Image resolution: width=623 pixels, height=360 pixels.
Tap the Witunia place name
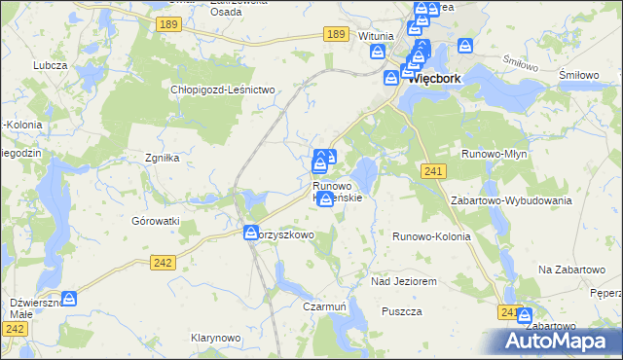click(375, 36)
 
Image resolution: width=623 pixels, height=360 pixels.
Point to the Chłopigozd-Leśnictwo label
click(225, 90)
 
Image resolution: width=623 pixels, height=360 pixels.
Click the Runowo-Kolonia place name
click(431, 236)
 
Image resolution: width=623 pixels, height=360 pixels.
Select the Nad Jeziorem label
click(402, 280)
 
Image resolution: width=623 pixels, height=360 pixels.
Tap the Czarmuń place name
click(325, 306)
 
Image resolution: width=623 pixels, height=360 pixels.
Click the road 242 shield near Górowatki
click(164, 262)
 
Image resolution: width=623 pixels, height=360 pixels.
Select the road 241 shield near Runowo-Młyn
click(434, 171)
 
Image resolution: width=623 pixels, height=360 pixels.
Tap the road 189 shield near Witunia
click(337, 34)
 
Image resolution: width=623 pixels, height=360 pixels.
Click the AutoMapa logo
click(561, 341)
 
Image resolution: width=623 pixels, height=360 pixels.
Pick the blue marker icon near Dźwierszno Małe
click(69, 298)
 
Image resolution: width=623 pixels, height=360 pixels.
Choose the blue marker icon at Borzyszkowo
click(250, 233)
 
